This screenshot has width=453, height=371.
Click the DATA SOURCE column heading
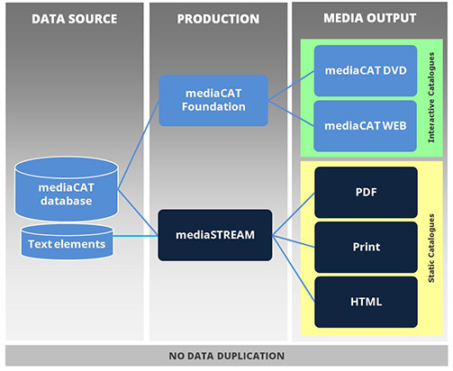pyautogui.click(x=73, y=18)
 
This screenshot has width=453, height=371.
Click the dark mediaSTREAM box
pyautogui.click(x=215, y=235)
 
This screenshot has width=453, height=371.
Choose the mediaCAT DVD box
pyautogui.click(x=366, y=70)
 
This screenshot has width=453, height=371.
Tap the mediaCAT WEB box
pyautogui.click(x=366, y=125)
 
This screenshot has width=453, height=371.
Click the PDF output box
pyautogui.click(x=366, y=191)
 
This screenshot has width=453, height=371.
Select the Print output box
pyautogui.click(x=366, y=246)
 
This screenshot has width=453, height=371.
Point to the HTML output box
pyautogui.click(x=366, y=301)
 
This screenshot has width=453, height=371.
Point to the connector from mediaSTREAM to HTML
pyautogui.click(x=293, y=269)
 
